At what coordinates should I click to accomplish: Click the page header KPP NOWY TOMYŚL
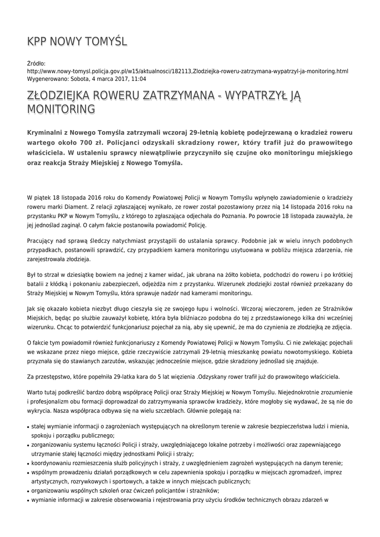click(x=77, y=41)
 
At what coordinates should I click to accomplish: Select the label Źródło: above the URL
click(x=36, y=63)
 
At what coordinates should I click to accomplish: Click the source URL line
click(x=187, y=71)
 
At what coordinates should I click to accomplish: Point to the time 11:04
click(x=139, y=79)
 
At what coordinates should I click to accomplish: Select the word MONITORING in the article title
click(x=61, y=109)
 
